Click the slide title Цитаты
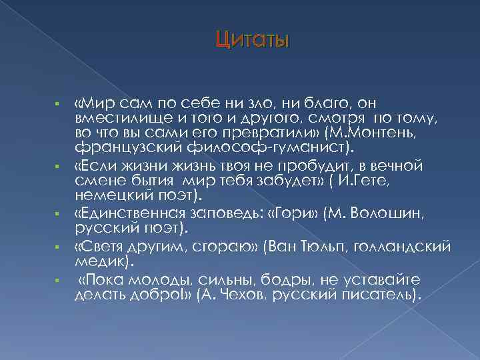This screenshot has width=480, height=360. (252, 42)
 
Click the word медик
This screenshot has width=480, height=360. (97, 259)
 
